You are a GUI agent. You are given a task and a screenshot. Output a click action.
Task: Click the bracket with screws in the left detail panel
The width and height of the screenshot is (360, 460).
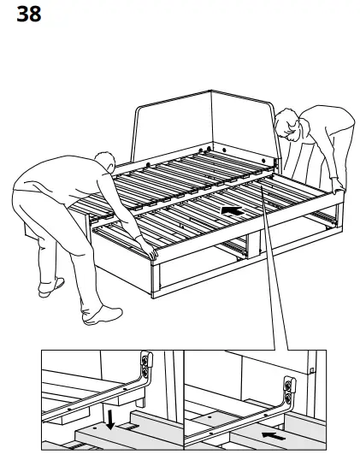146,368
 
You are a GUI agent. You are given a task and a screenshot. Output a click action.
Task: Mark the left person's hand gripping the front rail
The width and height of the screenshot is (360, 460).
150,252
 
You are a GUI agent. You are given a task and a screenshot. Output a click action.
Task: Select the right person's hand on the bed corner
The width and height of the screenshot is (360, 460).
339,187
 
